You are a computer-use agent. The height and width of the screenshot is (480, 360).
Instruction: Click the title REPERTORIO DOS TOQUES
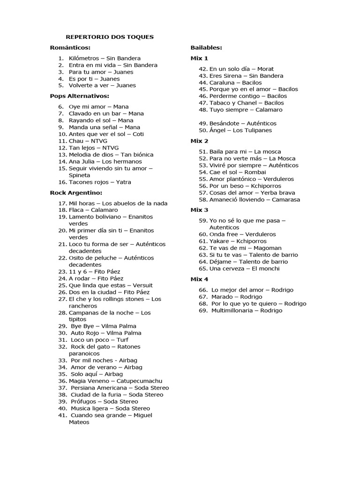tap(109, 37)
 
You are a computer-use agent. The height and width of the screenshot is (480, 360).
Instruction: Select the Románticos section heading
tap(70, 47)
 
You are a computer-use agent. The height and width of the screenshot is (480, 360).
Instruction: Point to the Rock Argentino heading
tap(76, 192)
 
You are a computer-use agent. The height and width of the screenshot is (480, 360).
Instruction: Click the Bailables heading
tap(206, 47)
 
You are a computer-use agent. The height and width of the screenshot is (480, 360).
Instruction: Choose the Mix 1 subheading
tap(199, 58)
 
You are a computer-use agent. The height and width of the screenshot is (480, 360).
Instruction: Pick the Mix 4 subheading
tap(199, 279)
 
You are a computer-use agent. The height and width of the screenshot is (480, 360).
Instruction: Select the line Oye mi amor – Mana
tap(98, 106)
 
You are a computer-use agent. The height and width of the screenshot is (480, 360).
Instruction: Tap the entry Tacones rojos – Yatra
tap(100, 182)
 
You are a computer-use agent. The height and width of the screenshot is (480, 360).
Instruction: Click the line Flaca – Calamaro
tap(93, 210)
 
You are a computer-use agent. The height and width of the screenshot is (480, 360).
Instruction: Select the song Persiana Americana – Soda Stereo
tap(120, 388)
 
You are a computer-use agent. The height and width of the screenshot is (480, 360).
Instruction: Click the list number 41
tap(63, 415)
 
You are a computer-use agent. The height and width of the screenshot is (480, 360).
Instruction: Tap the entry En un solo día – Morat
tap(241, 69)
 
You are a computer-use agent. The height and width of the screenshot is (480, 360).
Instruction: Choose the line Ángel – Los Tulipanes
tap(240, 130)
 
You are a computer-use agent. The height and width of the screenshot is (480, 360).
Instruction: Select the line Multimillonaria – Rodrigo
tap(247, 310)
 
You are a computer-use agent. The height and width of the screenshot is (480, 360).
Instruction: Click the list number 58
tap(203, 200)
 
